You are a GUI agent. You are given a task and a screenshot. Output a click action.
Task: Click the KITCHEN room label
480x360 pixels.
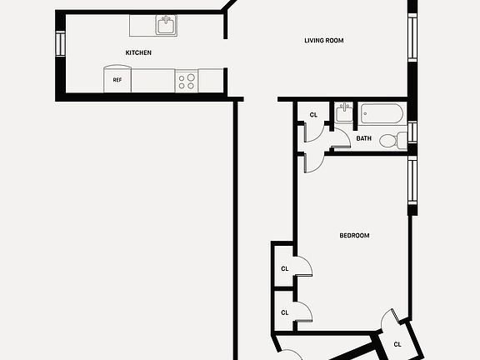[138, 52]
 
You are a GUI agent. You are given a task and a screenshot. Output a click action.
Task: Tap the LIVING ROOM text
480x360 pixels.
[323, 40]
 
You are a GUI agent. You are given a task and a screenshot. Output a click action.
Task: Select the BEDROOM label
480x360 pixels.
[354, 236]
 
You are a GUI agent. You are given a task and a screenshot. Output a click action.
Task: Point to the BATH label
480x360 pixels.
[364, 138]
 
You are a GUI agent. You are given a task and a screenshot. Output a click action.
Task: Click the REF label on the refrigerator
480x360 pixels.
[117, 81]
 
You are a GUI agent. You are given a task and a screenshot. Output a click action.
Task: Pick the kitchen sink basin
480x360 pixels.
[167, 26]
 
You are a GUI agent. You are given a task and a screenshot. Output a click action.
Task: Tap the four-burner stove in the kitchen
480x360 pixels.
[187, 81]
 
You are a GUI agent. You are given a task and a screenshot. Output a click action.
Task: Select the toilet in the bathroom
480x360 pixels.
[390, 141]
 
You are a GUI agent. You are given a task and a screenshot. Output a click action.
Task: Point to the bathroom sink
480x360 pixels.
[343, 114]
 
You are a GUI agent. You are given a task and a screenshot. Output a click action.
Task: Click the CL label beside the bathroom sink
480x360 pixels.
[313, 115]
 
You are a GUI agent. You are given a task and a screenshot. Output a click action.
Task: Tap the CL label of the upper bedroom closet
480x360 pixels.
[284, 268]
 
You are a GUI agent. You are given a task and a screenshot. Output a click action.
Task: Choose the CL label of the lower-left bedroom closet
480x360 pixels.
[284, 312]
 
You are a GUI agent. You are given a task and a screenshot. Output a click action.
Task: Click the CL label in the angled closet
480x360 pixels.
[397, 343]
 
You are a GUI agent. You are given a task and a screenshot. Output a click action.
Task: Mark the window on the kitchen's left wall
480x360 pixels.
[60, 43]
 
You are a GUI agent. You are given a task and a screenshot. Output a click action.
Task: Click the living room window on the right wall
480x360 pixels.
[411, 37]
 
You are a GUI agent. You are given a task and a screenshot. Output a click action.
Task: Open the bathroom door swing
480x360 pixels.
[340, 142]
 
